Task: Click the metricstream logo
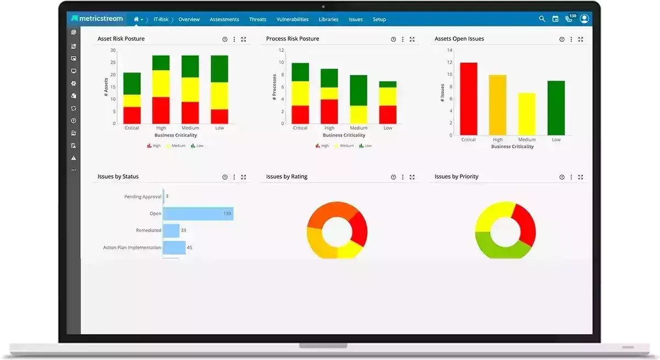(x=97, y=19)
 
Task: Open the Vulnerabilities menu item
(x=293, y=19)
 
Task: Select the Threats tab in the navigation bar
(x=257, y=19)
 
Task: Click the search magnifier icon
(x=542, y=19)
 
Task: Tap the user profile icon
(x=584, y=19)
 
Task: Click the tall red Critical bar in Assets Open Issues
(x=469, y=99)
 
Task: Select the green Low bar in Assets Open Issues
(x=556, y=108)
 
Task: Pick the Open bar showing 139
(x=198, y=213)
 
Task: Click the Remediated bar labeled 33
(x=171, y=230)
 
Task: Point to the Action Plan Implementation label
(x=132, y=247)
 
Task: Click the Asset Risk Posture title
(x=121, y=39)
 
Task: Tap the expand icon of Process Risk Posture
(x=412, y=40)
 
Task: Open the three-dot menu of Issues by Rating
(x=403, y=177)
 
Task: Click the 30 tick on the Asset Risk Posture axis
(x=113, y=50)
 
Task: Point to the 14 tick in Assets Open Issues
(x=449, y=50)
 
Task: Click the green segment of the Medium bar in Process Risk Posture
(x=359, y=90)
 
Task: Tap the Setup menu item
(x=380, y=19)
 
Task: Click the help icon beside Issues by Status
(x=225, y=177)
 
